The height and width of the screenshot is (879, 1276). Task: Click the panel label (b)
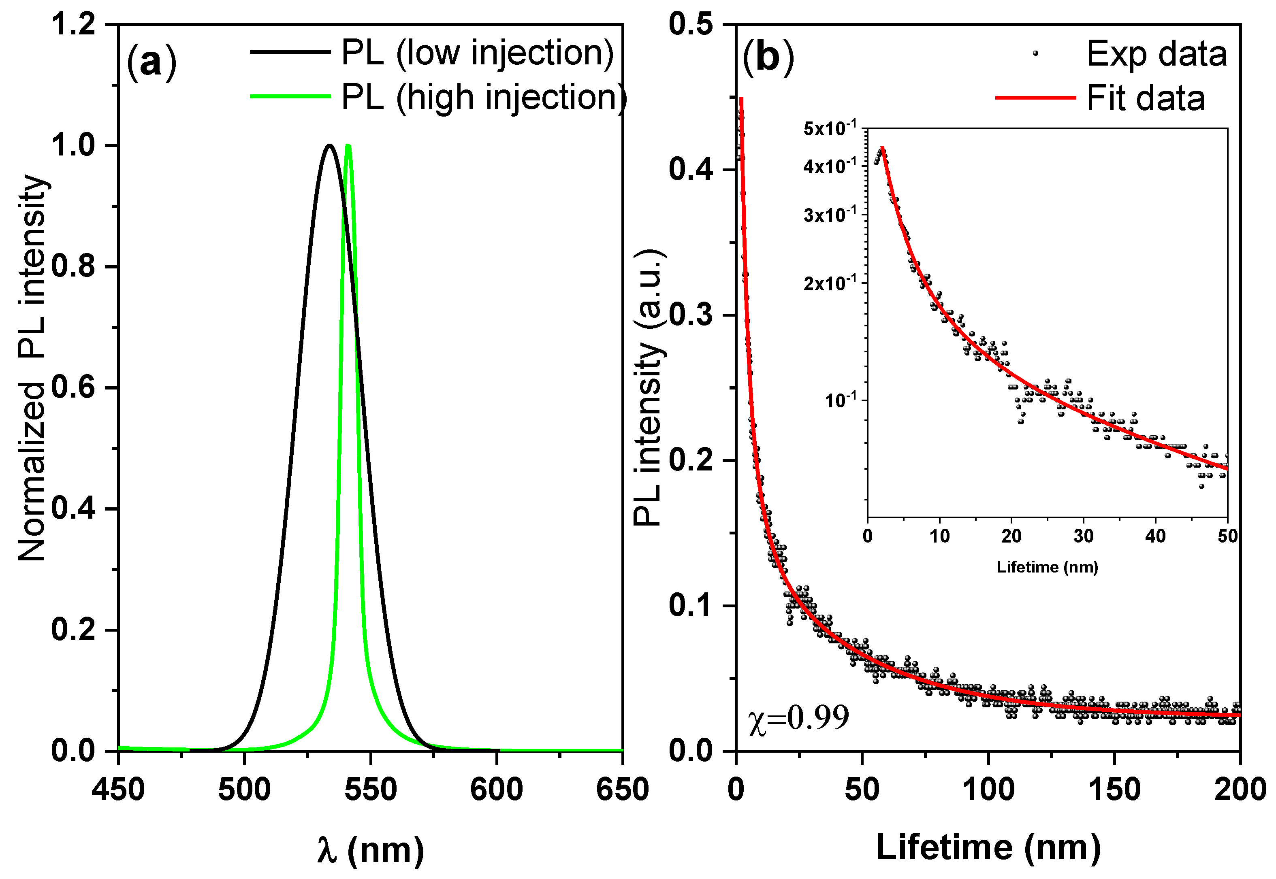(768, 58)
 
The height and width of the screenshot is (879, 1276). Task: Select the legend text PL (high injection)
(484, 98)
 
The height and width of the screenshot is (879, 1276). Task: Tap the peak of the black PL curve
(329, 145)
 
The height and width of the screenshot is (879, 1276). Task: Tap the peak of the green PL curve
(348, 146)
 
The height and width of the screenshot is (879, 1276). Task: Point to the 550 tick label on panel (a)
(370, 789)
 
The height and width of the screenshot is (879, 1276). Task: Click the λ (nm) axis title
(370, 849)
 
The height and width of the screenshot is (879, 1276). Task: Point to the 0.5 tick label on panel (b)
(691, 25)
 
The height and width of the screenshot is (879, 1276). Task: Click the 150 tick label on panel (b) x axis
(1114, 789)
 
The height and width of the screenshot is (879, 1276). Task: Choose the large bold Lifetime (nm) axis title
(988, 847)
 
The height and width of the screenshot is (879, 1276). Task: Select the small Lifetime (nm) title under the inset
(1047, 567)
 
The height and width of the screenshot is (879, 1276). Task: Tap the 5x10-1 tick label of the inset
(830, 129)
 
